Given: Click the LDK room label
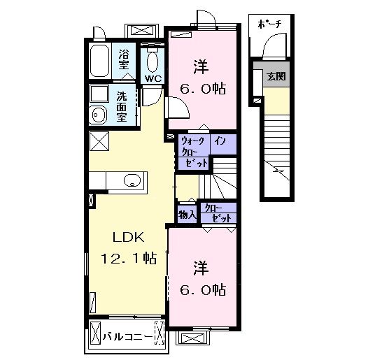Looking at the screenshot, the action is click(129, 238).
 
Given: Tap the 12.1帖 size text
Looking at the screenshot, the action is click(129, 259).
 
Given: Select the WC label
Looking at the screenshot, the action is click(153, 78).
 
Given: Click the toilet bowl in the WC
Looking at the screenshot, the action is click(153, 62).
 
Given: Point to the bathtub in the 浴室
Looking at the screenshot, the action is click(99, 61).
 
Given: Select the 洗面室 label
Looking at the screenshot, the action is click(122, 106).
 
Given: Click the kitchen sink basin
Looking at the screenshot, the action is click(132, 180).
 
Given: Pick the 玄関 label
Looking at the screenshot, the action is click(276, 76).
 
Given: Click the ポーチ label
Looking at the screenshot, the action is click(269, 24).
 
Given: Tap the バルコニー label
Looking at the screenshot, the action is click(127, 337).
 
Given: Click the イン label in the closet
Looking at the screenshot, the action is click(220, 141).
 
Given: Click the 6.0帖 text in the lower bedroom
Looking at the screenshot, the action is click(203, 290).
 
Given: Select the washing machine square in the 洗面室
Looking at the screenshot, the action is click(99, 94).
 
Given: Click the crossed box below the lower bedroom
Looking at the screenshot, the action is click(194, 338).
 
